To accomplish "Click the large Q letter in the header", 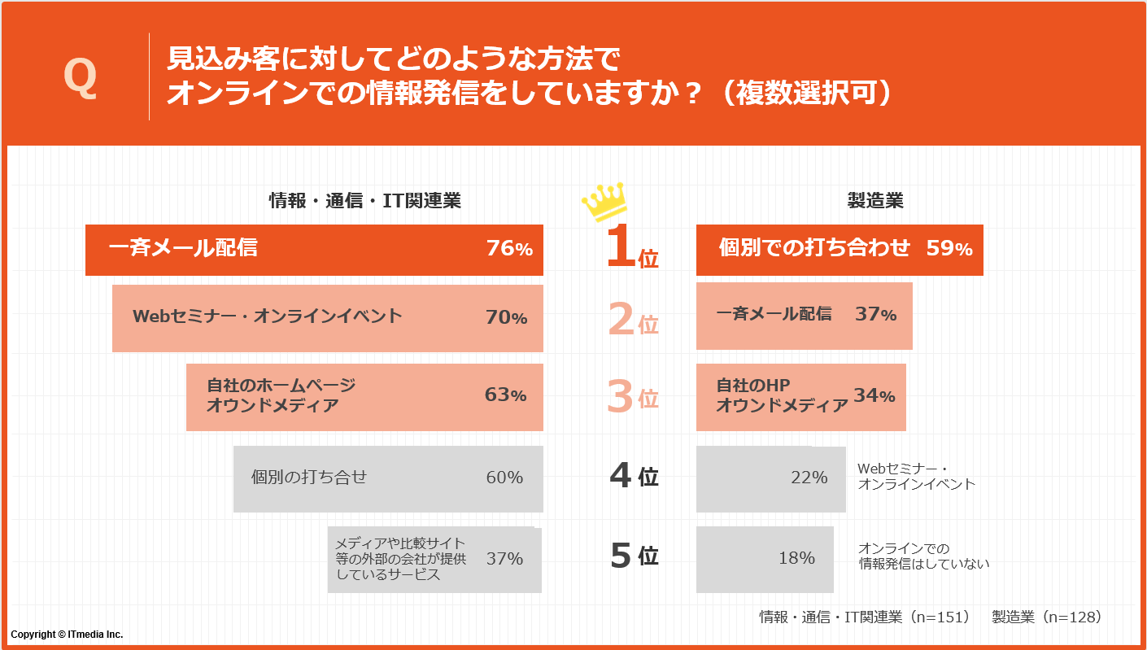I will pyautogui.click(x=80, y=78).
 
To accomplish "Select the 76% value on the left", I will pyautogui.click(x=509, y=249).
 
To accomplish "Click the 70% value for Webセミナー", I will pyautogui.click(x=507, y=317).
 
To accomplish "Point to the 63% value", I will pyautogui.click(x=505, y=395).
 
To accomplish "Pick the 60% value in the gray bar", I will pyautogui.click(x=504, y=478).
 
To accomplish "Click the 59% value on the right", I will pyautogui.click(x=949, y=249).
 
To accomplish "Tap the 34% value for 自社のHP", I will pyautogui.click(x=874, y=396).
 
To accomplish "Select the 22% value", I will pyautogui.click(x=809, y=478).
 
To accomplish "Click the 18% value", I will pyautogui.click(x=796, y=558).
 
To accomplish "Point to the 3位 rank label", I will pyautogui.click(x=633, y=398).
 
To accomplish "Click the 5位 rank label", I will pyautogui.click(x=634, y=556).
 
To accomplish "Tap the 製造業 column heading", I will pyautogui.click(x=875, y=201).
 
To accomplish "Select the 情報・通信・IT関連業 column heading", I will pyautogui.click(x=365, y=201).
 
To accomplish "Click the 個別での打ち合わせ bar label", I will pyautogui.click(x=814, y=249).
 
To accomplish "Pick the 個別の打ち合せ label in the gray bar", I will pyautogui.click(x=309, y=477).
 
